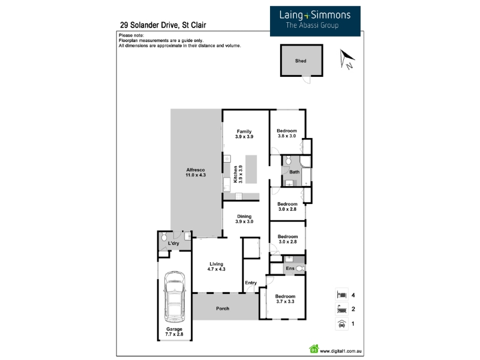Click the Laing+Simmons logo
coord(315,21)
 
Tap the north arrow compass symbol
coord(347,59)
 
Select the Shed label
coord(301,61)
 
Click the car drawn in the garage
coord(175,296)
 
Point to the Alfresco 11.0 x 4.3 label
coord(196,172)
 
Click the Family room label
coord(244,134)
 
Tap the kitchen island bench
coord(251,169)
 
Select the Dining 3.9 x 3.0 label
coord(244,219)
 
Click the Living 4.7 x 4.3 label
coord(217,266)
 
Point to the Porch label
coord(223,308)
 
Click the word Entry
coord(251,283)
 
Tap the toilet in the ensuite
coord(300,268)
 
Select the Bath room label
coord(295,172)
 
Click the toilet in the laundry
coord(164,236)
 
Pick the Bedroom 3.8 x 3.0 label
coord(287,133)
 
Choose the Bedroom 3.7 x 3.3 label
coord(286,299)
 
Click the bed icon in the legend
coord(341,295)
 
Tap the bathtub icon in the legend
coord(341,309)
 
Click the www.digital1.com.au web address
coord(341,351)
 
